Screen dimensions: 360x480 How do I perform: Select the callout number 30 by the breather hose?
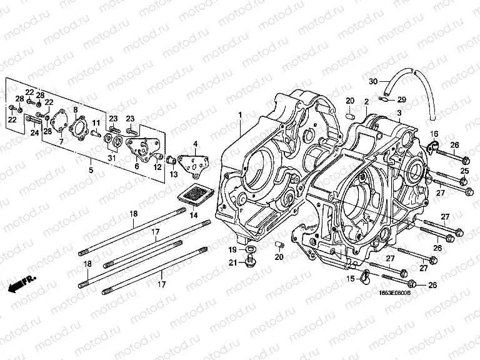pyautogui.click(x=373, y=82)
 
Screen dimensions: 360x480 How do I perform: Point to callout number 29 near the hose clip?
pyautogui.click(x=402, y=99)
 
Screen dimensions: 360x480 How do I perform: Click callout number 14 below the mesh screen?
pyautogui.click(x=192, y=215)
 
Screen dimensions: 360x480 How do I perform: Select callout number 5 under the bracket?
pyautogui.click(x=91, y=170)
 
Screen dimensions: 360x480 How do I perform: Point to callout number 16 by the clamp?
pyautogui.click(x=434, y=134)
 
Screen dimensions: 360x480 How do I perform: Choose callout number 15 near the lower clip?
pyautogui.click(x=351, y=279)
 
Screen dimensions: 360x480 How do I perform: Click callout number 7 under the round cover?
pyautogui.click(x=61, y=142)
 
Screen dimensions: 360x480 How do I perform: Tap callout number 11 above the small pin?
pyautogui.click(x=96, y=122)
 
